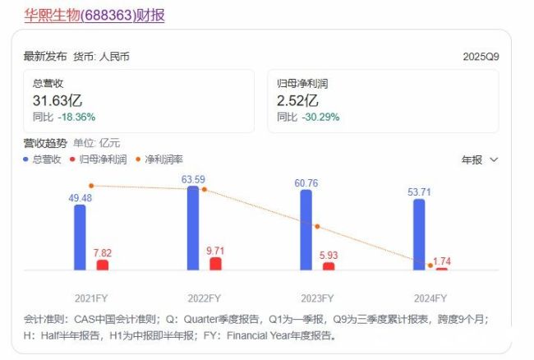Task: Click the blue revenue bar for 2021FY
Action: pyautogui.click(x=80, y=237)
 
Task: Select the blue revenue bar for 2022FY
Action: pyautogui.click(x=193, y=228)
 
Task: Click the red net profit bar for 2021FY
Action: pyautogui.click(x=103, y=265)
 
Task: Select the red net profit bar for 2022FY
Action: pyautogui.click(x=215, y=263)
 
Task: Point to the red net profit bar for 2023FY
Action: pyautogui.click(x=329, y=265)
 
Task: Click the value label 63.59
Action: pyautogui.click(x=193, y=178)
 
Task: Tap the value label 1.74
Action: pyautogui.click(x=442, y=261)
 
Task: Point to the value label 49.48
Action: pyautogui.click(x=80, y=197)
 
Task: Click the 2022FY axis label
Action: pyautogui.click(x=204, y=298)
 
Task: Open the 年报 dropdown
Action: pyautogui.click(x=480, y=159)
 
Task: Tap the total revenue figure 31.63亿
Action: pyautogui.click(x=57, y=100)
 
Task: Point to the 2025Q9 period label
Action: pyautogui.click(x=481, y=57)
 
